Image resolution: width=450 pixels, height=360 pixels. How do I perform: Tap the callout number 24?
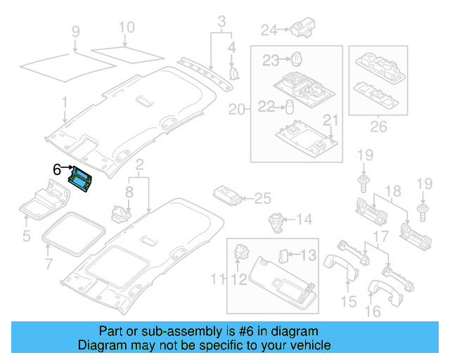pyautogui.click(x=269, y=30)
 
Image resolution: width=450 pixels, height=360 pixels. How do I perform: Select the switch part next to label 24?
pyautogui.click(x=304, y=27)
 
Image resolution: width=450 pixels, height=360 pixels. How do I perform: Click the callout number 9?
pyautogui.click(x=75, y=32)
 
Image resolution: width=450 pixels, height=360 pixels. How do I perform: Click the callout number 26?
pyautogui.click(x=379, y=128)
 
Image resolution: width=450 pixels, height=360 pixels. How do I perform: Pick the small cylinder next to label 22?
pyautogui.click(x=288, y=107)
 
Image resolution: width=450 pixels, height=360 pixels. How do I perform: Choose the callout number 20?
pyautogui.click(x=237, y=109)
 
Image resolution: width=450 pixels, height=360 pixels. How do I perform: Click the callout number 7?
pyautogui.click(x=48, y=264)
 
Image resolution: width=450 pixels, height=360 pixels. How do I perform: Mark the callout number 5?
pyautogui.click(x=26, y=236)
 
